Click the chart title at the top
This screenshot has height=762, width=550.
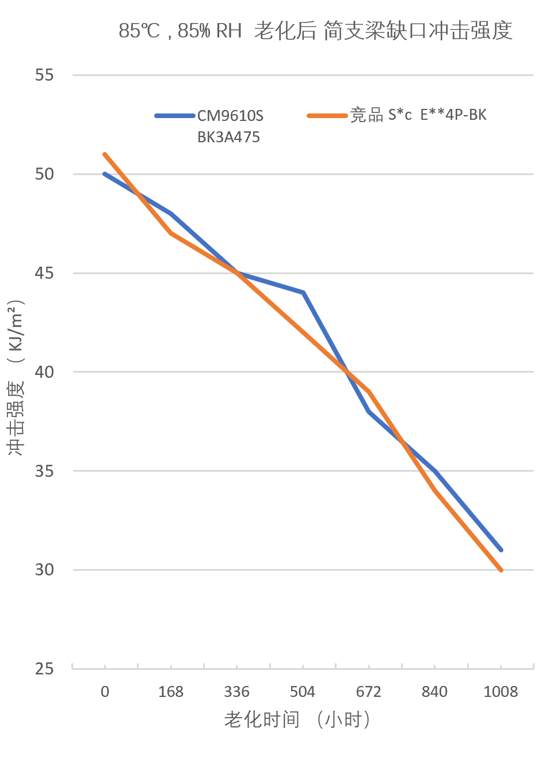(x=315, y=31)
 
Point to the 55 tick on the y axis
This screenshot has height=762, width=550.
(x=44, y=75)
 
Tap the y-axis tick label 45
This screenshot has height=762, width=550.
(x=44, y=273)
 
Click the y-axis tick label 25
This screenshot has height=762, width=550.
(x=44, y=669)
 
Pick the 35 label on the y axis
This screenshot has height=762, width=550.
(x=44, y=471)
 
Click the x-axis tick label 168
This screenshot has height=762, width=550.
(x=171, y=692)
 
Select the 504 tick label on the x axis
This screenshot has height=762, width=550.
(x=303, y=692)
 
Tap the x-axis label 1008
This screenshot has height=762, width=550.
(x=501, y=692)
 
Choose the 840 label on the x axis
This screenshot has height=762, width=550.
(x=434, y=692)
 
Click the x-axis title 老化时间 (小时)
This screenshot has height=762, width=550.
(x=297, y=719)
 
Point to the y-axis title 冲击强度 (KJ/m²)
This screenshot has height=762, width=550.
(x=16, y=377)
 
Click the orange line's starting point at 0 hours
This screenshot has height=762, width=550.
(x=105, y=154)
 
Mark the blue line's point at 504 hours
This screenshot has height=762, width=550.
(x=303, y=293)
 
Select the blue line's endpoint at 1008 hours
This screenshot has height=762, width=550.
(x=501, y=550)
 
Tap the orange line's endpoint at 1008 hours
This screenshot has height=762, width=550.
(x=501, y=570)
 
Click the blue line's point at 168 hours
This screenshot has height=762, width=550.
(x=171, y=214)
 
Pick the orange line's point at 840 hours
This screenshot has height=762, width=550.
(x=434, y=491)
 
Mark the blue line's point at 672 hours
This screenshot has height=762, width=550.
(x=369, y=411)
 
